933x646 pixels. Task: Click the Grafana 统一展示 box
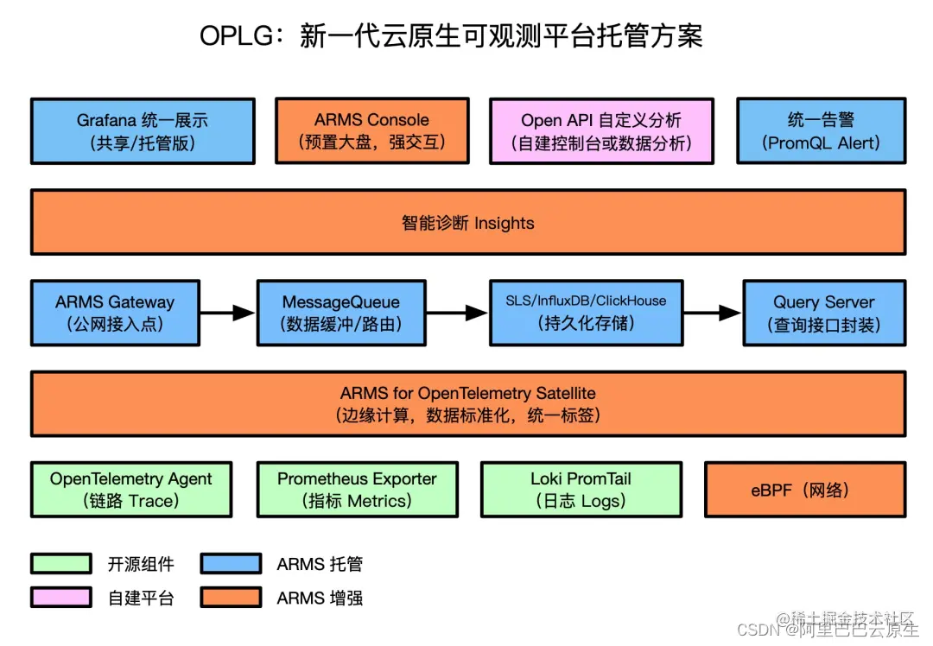tap(143, 131)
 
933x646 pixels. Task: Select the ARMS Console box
tap(371, 131)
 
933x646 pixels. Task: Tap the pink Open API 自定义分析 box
tap(601, 131)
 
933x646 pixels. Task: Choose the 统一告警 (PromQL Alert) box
tap(821, 131)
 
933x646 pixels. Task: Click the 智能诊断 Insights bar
tap(468, 223)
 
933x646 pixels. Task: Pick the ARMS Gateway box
tap(115, 313)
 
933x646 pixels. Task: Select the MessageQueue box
tap(341, 313)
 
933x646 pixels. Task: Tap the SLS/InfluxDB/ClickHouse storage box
tap(586, 313)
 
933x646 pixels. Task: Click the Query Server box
tap(824, 313)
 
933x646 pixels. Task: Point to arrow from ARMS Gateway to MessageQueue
tap(228, 313)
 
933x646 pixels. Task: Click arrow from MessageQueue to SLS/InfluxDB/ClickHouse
tap(457, 313)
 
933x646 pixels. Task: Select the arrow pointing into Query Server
tap(713, 313)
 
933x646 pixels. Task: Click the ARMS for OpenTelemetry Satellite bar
tap(468, 403)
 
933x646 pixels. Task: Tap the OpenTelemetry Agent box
tap(131, 490)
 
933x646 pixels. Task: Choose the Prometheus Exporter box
tap(357, 490)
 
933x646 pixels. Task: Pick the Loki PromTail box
tap(581, 490)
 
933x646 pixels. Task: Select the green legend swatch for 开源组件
tap(61, 564)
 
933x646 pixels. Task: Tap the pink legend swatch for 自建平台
tap(61, 597)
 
